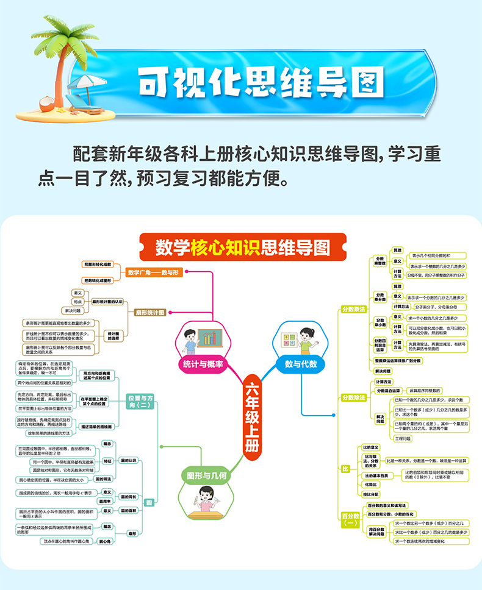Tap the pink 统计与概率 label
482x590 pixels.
coord(203,364)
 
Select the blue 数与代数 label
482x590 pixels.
coord(301,364)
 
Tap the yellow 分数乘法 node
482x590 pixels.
coord(354,309)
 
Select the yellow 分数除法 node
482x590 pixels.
coord(354,397)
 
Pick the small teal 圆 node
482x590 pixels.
coord(149,503)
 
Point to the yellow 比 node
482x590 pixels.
coord(345,468)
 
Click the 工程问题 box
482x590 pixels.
coord(403,438)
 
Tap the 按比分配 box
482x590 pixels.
coord(371,494)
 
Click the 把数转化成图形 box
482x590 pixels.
coord(98,280)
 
